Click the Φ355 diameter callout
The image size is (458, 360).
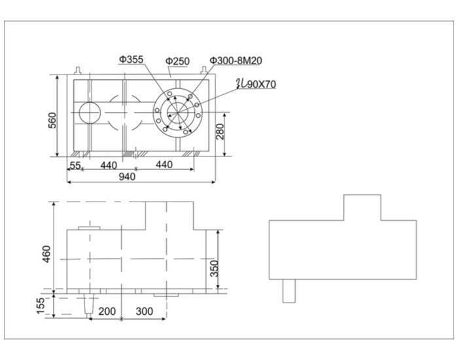click(131, 60)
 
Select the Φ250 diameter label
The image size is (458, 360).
click(177, 61)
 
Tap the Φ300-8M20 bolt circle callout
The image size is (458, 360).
click(236, 60)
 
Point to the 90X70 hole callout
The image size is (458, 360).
click(256, 84)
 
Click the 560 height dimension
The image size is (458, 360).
click(52, 120)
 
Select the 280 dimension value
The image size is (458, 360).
click(220, 132)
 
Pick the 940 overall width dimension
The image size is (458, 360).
click(128, 177)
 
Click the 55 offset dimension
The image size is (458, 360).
click(75, 166)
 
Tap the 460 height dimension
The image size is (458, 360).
click(46, 254)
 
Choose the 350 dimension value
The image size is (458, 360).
click(215, 268)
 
